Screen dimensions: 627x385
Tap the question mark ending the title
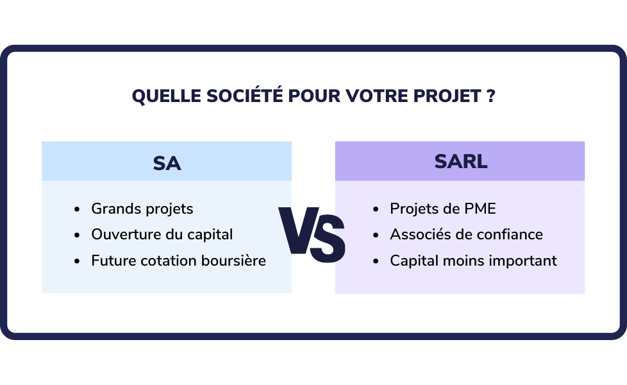click(491, 96)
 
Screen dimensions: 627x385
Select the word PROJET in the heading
click(447, 96)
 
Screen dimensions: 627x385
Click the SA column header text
click(167, 163)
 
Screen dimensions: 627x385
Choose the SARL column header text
click(461, 162)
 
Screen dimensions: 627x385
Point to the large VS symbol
click(312, 234)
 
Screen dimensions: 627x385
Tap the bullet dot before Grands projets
click(77, 209)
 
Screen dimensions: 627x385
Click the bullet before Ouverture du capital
click(77, 235)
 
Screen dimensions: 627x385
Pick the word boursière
click(233, 261)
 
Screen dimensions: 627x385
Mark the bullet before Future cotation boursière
click(77, 261)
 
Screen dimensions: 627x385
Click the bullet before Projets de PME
click(376, 209)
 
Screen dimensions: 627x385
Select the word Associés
click(417, 234)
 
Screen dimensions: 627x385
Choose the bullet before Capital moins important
click(376, 261)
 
